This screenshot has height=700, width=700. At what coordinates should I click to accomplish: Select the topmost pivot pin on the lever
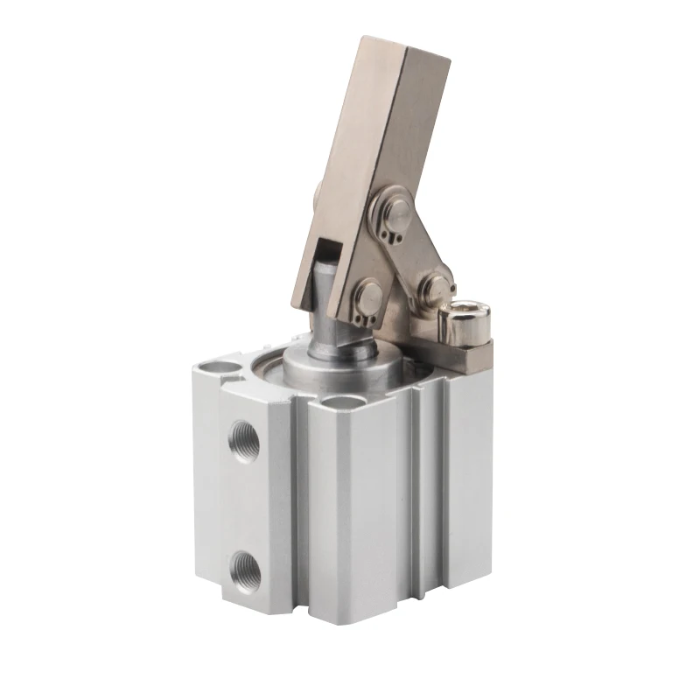coord(393,213)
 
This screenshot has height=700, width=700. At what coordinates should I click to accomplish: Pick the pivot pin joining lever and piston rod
coord(363,294)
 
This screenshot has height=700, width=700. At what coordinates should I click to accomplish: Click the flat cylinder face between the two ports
coord(244,503)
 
